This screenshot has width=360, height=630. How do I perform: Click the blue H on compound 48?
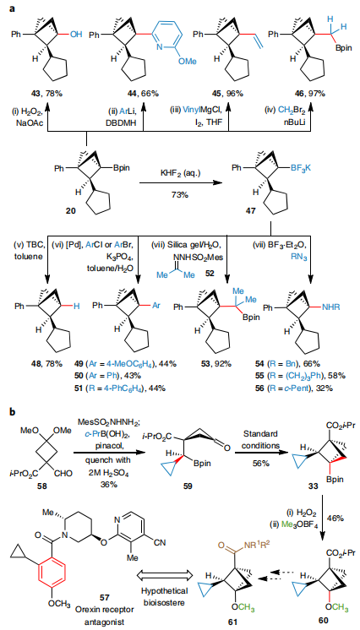tap(74, 307)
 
